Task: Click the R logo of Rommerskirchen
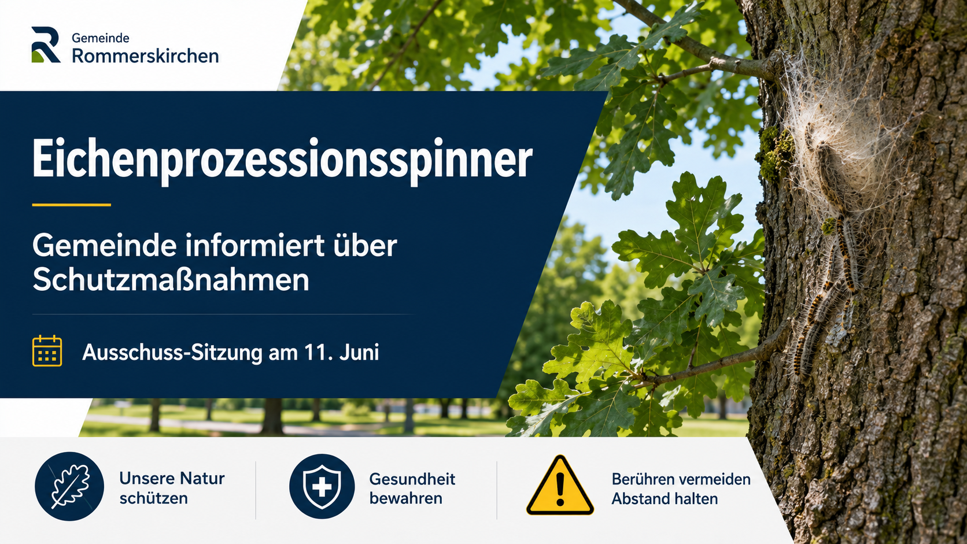[45, 45]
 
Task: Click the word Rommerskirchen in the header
[145, 56]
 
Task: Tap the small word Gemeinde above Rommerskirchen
[100, 38]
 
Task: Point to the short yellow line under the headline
[71, 205]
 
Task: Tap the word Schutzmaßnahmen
[171, 280]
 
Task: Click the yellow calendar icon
[47, 351]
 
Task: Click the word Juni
[359, 352]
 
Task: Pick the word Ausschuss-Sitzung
[172, 353]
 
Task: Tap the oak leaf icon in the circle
[69, 486]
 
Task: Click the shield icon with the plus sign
[322, 486]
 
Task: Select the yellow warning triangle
[560, 486]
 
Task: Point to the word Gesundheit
[412, 479]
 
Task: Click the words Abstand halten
[665, 499]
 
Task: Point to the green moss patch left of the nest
[775, 153]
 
